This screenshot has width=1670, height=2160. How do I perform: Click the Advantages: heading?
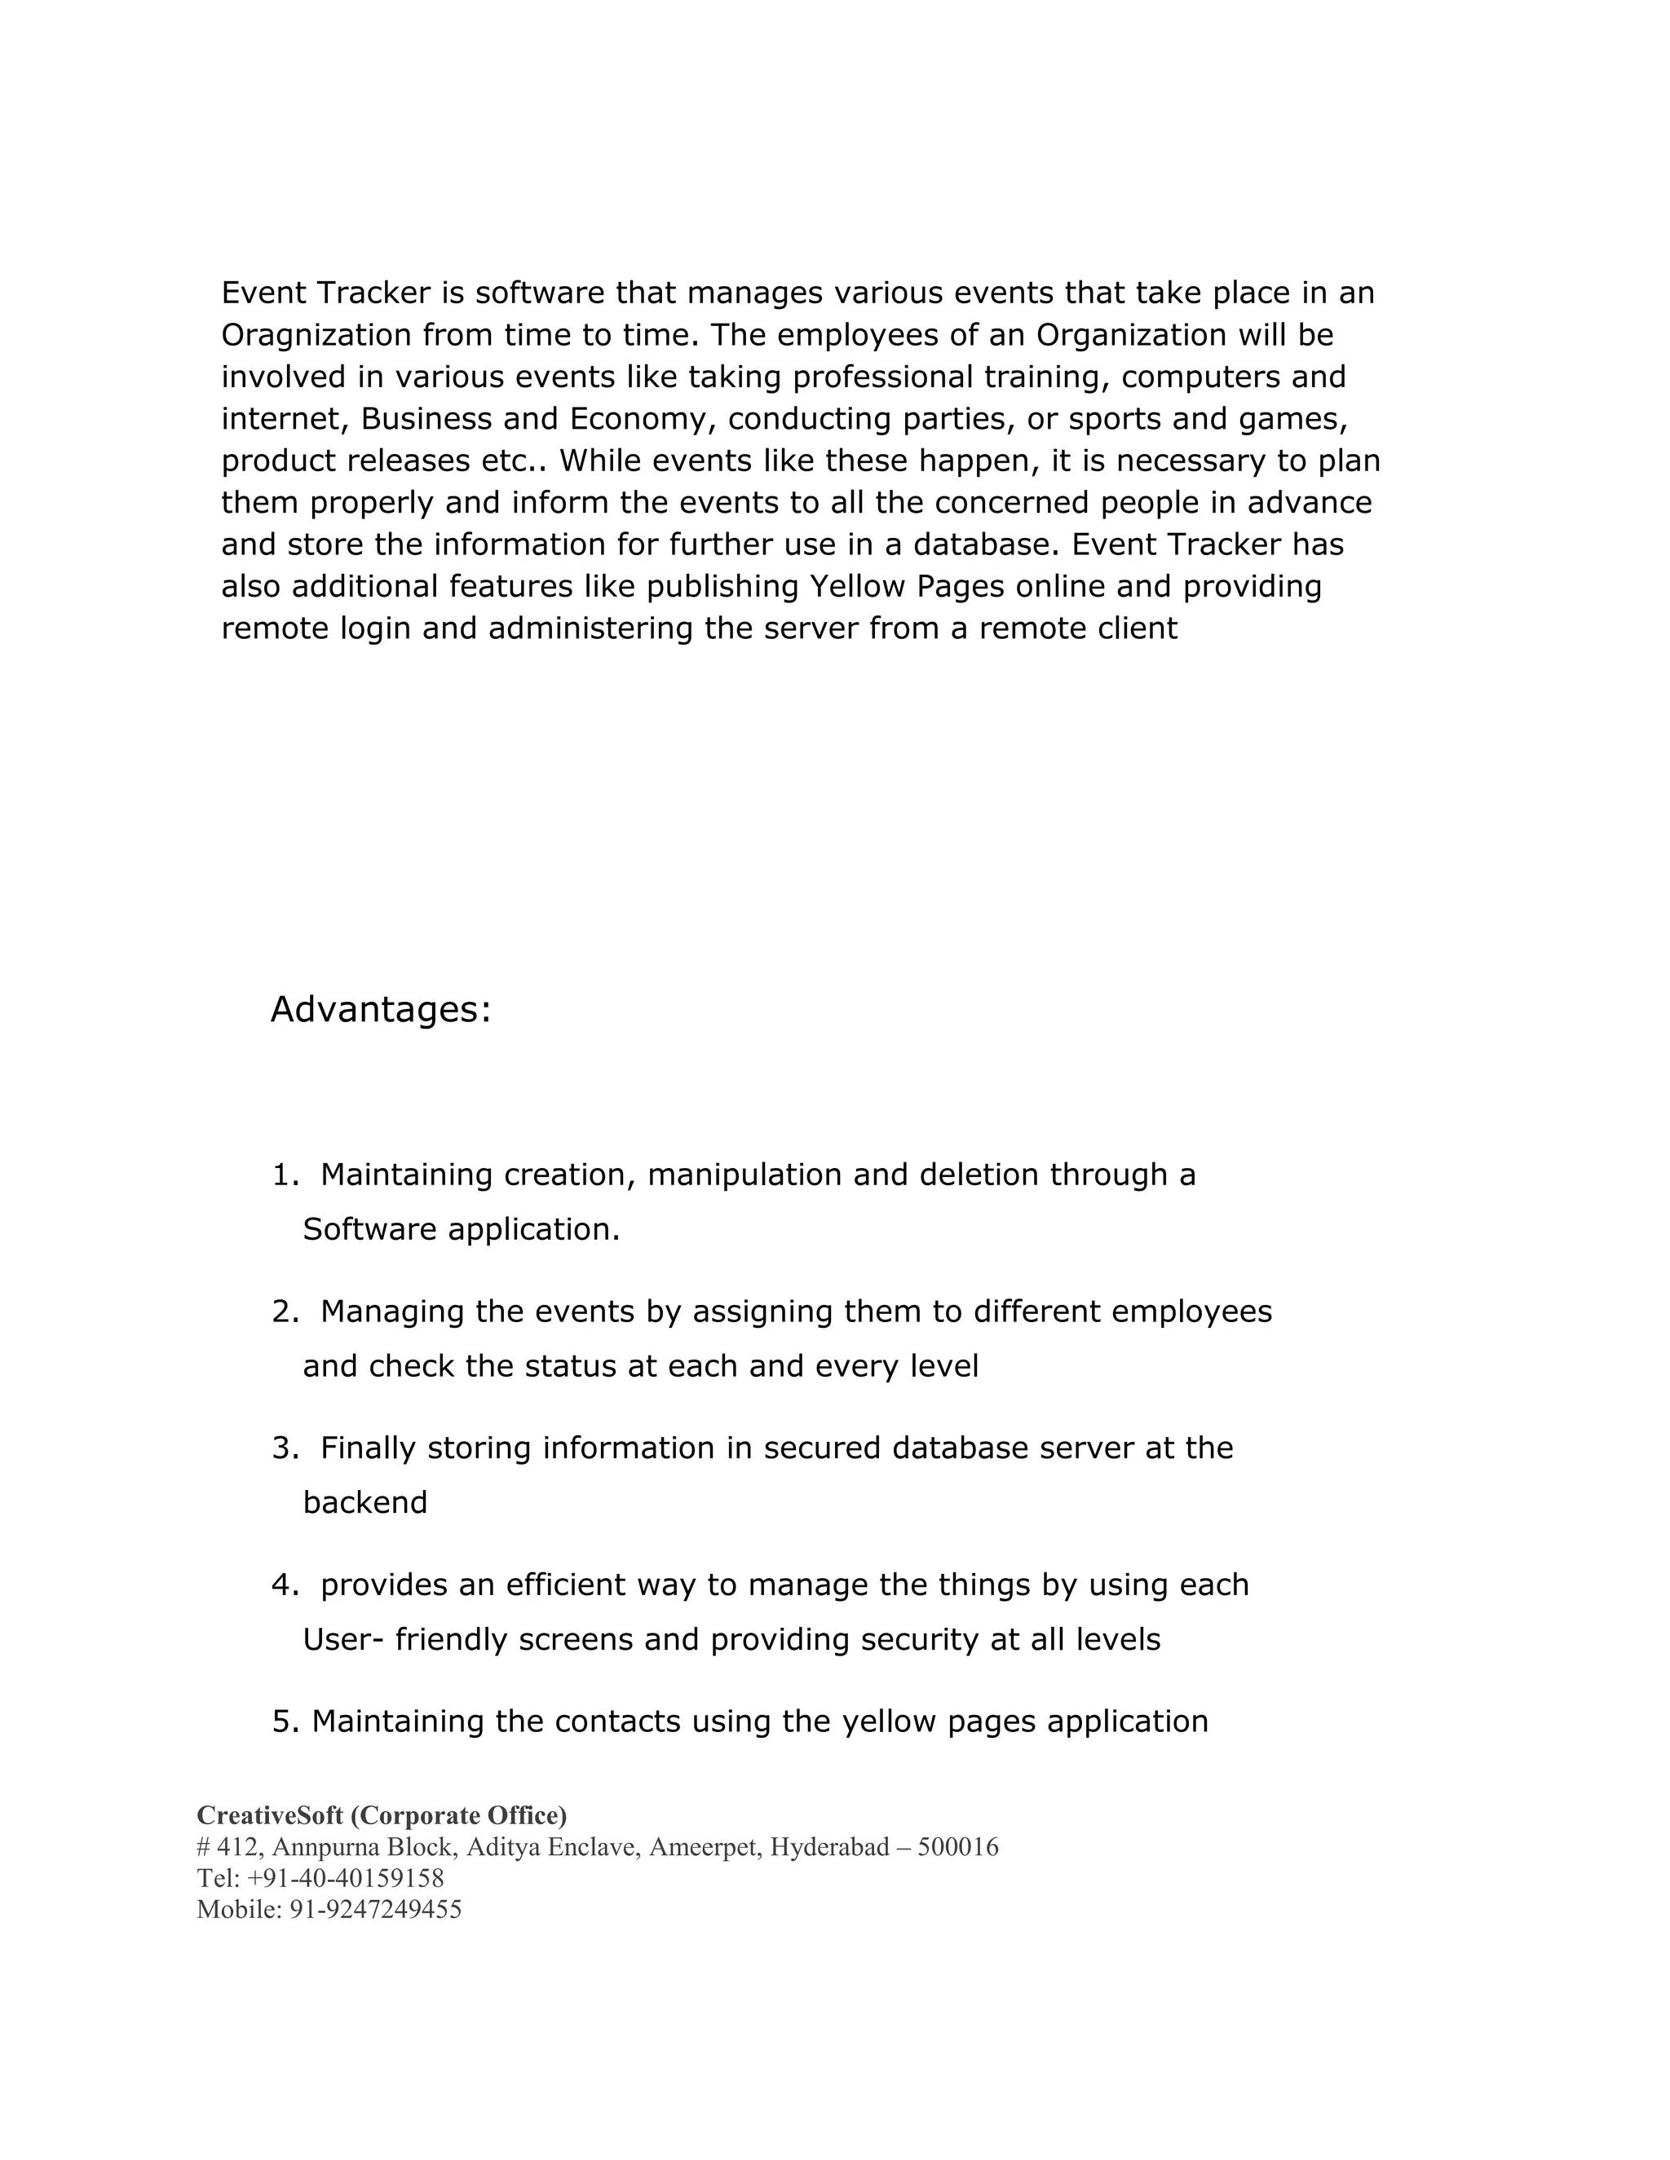tap(380, 1010)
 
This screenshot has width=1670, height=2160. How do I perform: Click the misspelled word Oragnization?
tap(316, 335)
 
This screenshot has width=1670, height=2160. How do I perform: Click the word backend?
tap(365, 1502)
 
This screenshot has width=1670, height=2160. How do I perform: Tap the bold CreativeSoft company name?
tap(269, 1815)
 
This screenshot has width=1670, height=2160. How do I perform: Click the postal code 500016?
tap(957, 1846)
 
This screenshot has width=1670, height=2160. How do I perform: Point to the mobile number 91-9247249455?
tap(375, 1909)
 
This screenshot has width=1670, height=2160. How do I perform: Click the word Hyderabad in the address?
tap(830, 1846)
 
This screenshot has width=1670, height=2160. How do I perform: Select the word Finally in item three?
tap(368, 1448)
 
